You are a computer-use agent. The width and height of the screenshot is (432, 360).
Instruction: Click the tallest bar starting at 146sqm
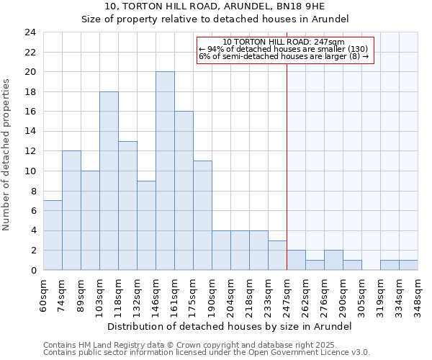click(165, 171)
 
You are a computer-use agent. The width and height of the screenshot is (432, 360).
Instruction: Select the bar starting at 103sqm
click(109, 181)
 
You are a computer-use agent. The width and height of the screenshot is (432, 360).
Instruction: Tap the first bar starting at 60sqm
click(53, 235)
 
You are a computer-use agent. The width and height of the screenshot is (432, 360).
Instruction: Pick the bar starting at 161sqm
click(184, 191)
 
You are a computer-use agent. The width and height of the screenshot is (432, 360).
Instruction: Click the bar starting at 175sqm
click(202, 215)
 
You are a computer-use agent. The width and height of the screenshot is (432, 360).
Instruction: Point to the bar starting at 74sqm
click(71, 210)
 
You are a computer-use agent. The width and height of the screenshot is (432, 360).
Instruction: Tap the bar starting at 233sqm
click(277, 256)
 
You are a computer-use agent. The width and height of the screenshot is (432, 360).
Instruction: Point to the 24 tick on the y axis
click(30, 32)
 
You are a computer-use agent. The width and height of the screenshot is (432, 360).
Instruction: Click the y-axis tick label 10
click(30, 171)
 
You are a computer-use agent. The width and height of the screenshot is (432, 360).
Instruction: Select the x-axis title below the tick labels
click(230, 326)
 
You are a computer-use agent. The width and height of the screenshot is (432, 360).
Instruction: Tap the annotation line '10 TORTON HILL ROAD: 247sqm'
click(284, 42)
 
